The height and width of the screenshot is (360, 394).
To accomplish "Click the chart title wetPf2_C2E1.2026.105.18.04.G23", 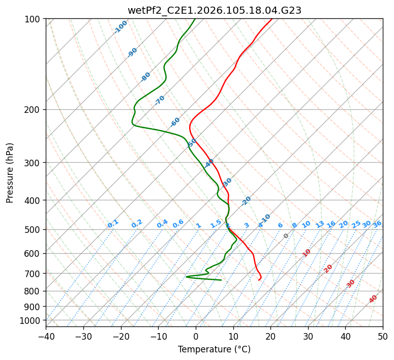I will coord(214,10).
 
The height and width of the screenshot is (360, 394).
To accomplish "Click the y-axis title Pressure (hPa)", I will coord(10,173).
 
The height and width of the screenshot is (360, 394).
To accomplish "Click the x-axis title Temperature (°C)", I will coord(214,349).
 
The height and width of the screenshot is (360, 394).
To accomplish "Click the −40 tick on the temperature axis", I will coord(46,337).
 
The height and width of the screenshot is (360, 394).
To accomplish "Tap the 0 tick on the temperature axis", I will coord(196,337).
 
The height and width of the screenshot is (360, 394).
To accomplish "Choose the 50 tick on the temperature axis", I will coord(383,337).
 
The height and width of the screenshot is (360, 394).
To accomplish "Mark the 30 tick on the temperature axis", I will coord(308,337).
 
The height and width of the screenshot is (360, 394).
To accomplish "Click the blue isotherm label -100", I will coord(121,27).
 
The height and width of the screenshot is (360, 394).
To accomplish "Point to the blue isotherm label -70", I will coord(160,100).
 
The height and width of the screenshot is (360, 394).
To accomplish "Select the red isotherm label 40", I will coord(373,299).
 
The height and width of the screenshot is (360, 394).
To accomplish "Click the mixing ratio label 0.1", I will coord(113,223).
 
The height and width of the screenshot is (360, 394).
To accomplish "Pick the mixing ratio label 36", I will coord(377,224).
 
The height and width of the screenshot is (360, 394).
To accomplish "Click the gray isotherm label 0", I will coord(286,236).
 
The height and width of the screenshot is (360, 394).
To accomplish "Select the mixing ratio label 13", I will coord(320,224).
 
